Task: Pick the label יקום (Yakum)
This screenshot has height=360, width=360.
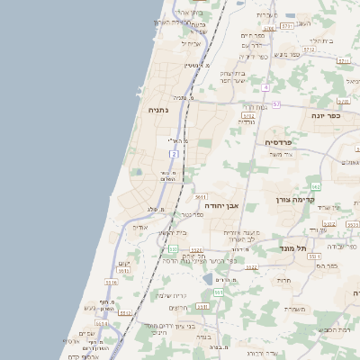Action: coord(123,263)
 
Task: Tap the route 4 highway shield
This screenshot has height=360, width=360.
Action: coord(266,87)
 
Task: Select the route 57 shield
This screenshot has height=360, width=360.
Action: coord(276,104)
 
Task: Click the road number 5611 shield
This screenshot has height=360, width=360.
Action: coord(201,196)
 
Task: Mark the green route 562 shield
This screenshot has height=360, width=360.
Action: coord(315,186)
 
